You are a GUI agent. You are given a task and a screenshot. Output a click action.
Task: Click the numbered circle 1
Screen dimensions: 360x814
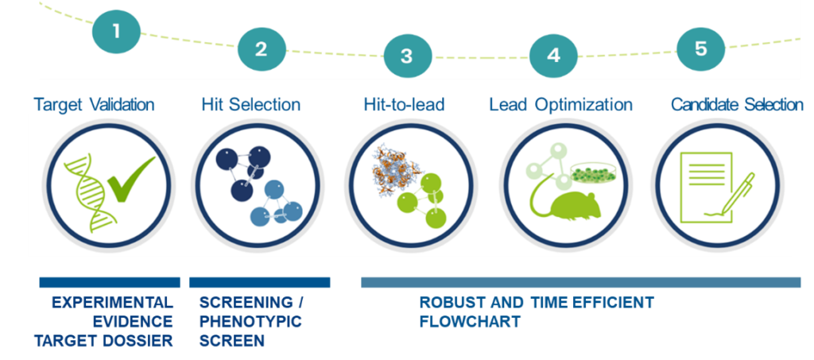(116, 32)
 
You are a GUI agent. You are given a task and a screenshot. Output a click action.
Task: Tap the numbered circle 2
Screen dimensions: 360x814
(261, 48)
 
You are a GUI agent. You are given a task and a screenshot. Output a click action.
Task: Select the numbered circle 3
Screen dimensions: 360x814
(407, 56)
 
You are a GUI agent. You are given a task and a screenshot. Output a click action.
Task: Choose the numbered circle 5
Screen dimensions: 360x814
(700, 48)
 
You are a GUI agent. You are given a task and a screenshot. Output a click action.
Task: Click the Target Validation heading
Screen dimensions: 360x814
(94, 104)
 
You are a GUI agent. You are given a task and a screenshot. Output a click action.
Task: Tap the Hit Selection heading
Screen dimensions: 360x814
(250, 104)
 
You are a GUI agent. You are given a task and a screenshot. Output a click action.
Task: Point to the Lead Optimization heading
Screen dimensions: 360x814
(560, 104)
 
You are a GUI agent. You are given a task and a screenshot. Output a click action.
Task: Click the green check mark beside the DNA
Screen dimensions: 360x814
(130, 180)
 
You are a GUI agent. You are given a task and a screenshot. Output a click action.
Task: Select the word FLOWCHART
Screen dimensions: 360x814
(470, 322)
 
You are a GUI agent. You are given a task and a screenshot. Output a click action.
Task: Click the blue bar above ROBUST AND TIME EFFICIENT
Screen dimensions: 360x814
(580, 282)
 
